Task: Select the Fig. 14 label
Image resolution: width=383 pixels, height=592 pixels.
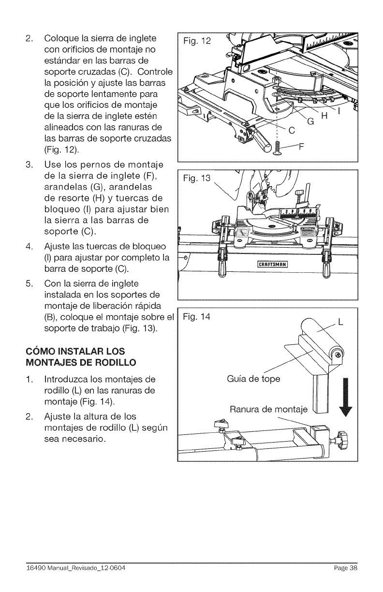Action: pos(198,317)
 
